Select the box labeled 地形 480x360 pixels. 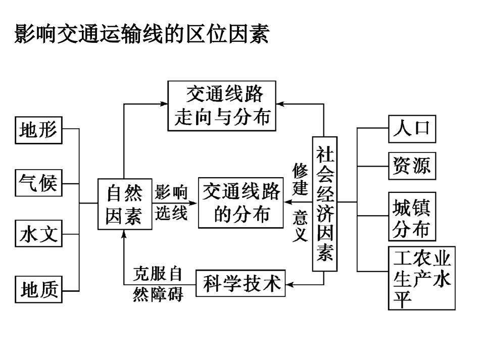pos(38,131)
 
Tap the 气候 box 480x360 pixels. pos(38,182)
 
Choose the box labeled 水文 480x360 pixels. pos(38,235)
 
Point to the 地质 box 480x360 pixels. pos(39,289)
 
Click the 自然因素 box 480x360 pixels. pos(124,204)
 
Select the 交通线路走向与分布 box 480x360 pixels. pos(222,106)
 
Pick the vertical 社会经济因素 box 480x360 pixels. pos(324,204)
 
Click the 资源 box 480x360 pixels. pos(412,166)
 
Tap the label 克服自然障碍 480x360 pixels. pos(158,284)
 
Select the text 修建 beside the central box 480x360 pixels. pos(300,180)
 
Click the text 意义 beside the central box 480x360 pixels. pos(300,227)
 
